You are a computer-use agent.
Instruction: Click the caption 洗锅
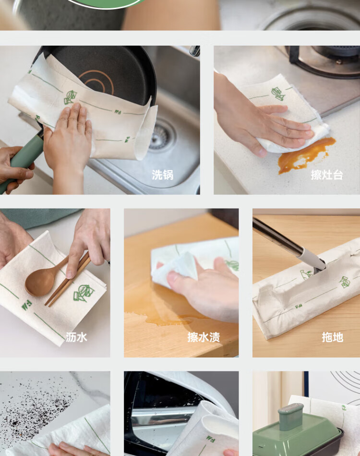(x=162, y=175)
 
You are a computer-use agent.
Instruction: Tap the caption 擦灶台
(x=327, y=175)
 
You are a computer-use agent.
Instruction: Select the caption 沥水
(x=76, y=337)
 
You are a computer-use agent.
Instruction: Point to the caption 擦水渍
(x=204, y=337)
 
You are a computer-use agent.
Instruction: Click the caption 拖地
(x=332, y=337)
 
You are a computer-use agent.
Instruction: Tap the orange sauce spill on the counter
(x=305, y=154)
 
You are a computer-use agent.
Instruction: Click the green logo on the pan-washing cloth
(x=70, y=97)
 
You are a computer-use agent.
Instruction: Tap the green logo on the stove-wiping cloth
(x=278, y=93)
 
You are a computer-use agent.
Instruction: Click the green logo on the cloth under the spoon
(x=84, y=293)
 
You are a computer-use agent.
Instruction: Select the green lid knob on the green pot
(x=290, y=417)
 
